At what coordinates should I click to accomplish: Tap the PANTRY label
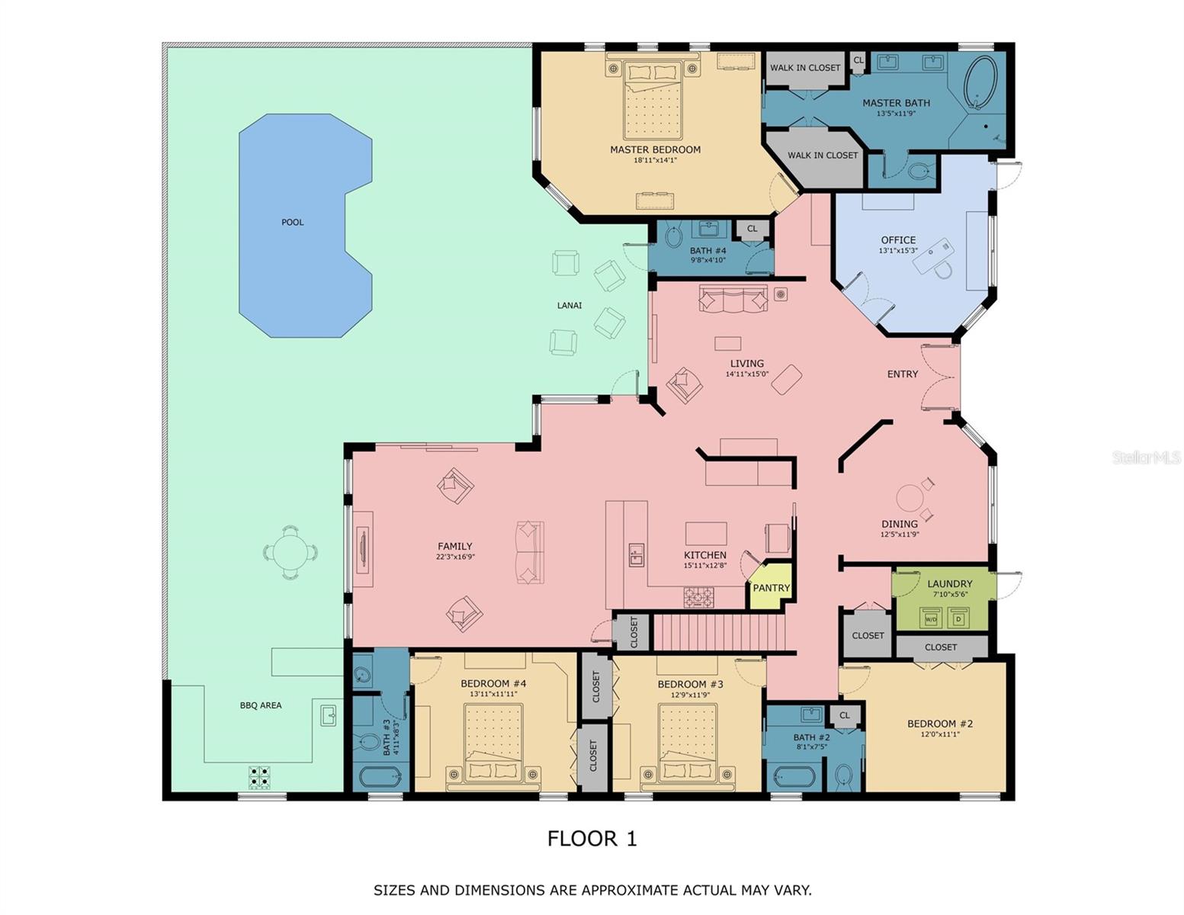click(x=771, y=588)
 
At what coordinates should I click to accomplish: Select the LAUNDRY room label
click(x=949, y=584)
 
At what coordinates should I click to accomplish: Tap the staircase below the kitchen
click(x=720, y=633)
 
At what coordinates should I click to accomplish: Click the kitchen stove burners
click(x=698, y=598)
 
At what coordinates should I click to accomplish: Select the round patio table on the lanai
click(x=290, y=552)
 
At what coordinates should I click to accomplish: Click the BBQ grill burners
click(x=259, y=777)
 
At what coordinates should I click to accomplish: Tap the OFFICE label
click(x=898, y=240)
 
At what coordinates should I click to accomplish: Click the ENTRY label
click(x=902, y=374)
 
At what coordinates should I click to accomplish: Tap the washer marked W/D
click(x=931, y=618)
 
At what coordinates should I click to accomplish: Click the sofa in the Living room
click(x=733, y=299)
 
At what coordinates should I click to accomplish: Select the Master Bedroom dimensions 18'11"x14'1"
click(x=655, y=161)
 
